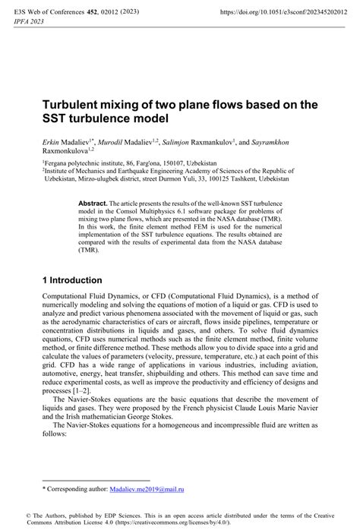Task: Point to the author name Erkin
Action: point(52,142)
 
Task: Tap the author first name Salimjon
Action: point(201,142)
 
